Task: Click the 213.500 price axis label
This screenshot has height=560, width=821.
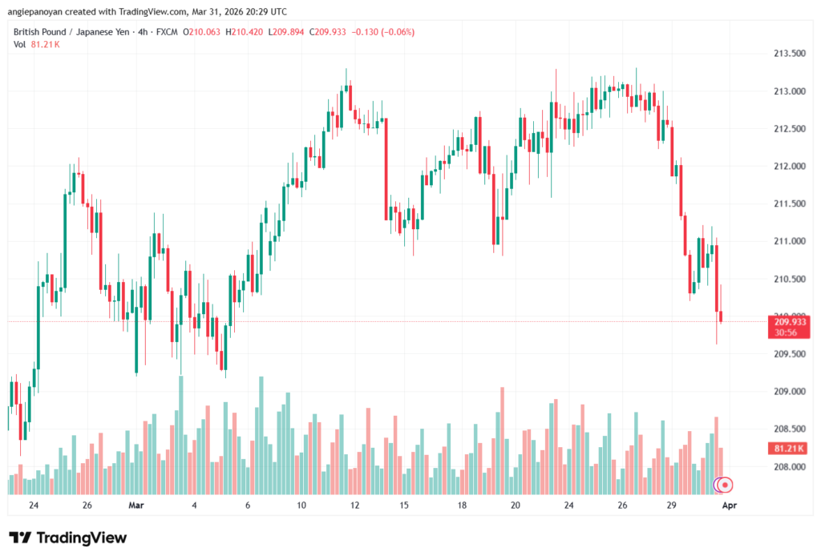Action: tap(789, 54)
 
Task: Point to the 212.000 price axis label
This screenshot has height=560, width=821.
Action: tap(789, 167)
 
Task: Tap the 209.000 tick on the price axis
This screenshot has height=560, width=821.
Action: tap(789, 392)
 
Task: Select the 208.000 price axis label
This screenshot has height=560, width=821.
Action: tap(789, 467)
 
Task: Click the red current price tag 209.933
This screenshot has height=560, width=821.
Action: tap(789, 322)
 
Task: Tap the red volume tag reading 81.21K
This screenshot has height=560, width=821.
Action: tap(789, 449)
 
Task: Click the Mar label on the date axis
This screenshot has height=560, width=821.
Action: tap(136, 506)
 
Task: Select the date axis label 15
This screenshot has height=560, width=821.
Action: tap(406, 506)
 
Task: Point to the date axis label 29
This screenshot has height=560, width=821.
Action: tap(672, 506)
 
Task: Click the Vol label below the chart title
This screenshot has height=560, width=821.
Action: tap(19, 45)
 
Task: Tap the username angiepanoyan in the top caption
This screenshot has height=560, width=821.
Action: tap(40, 12)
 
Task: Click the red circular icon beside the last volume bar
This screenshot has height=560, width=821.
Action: tap(726, 485)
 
